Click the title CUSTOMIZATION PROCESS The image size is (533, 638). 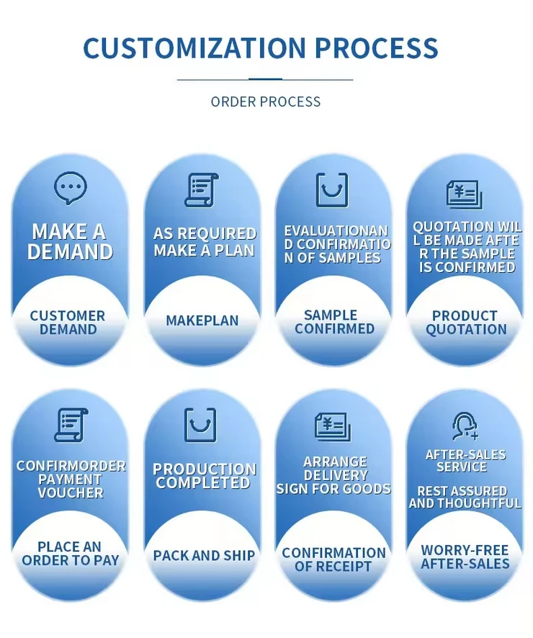[x=260, y=48]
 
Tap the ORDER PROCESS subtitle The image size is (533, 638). [x=266, y=102]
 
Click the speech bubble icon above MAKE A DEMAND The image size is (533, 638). [x=70, y=188]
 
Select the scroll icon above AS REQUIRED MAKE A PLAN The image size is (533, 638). [x=201, y=190]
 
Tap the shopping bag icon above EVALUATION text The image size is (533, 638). [x=332, y=190]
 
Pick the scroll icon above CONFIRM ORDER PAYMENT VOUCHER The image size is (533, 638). [x=71, y=425]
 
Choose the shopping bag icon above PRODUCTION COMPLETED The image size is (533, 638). [x=200, y=425]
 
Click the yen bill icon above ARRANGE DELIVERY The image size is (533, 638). [x=333, y=426]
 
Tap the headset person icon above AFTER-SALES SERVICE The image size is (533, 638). [x=465, y=426]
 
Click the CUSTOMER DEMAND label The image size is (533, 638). [x=68, y=323]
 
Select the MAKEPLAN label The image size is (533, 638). [x=202, y=320]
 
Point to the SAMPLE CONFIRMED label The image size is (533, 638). [x=334, y=322]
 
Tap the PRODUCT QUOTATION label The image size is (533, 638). [x=465, y=323]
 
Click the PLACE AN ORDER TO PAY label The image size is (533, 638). [x=70, y=554]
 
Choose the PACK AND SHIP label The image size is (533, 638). [x=204, y=555]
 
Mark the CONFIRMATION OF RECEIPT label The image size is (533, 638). [x=333, y=560]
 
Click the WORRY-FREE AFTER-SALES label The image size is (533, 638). [x=465, y=557]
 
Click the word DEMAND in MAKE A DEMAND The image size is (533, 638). [x=71, y=251]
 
